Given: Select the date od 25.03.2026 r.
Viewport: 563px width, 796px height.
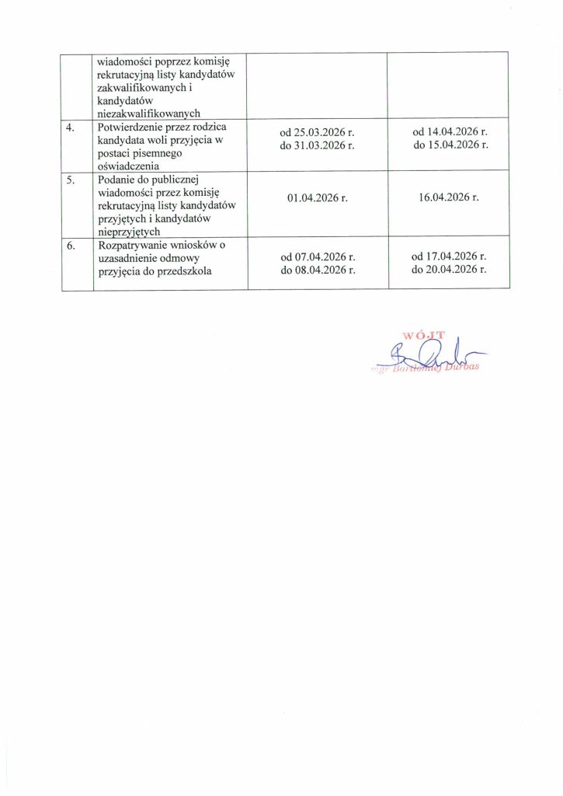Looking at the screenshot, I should coord(318,133).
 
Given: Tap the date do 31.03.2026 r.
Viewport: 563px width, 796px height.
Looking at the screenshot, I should coord(318,145).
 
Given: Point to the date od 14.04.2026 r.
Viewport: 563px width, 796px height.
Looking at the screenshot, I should coord(450,133).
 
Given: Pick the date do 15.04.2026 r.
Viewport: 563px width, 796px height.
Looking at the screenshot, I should coord(450,145).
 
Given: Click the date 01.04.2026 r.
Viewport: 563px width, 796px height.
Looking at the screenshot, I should coord(317,198).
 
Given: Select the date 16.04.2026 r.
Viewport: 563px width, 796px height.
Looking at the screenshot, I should coord(449,198).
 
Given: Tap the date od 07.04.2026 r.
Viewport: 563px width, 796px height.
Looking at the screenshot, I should coord(318,257).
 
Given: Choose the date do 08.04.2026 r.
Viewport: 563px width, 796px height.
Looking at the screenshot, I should coord(318,270).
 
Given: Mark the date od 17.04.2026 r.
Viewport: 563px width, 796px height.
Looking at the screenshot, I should coord(450,257).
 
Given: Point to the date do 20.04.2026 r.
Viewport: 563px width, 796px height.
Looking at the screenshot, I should coord(450,270).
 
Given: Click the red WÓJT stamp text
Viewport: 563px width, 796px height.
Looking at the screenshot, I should coord(424,336).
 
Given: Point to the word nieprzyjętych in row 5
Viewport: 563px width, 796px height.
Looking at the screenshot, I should coord(128,230).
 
